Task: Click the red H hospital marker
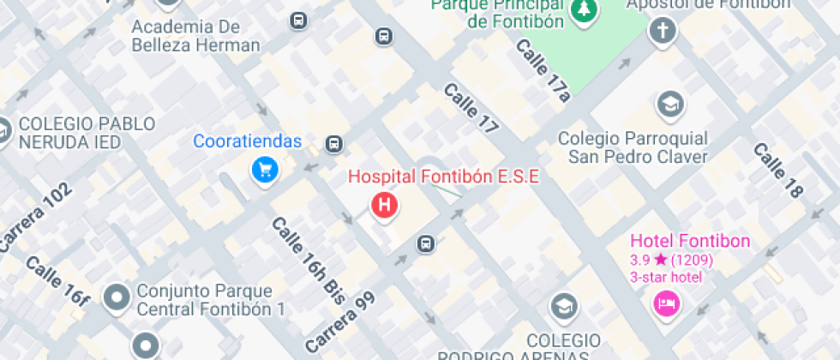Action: coord(385,206)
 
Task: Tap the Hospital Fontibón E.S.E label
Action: coord(443,177)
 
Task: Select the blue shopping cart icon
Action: coord(265,170)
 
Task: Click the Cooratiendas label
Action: coord(248,141)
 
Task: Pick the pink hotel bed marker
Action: coord(666,303)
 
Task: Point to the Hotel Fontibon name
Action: coord(690,241)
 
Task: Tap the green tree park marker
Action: coord(585,9)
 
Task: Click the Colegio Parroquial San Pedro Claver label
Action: coord(633,147)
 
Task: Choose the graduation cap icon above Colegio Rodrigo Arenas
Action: coord(563,306)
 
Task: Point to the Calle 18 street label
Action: coord(777,170)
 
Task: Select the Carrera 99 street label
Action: coord(340,321)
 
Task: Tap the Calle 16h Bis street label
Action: coord(308,261)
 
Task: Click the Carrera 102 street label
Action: coord(35,219)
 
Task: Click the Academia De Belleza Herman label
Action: coord(195,36)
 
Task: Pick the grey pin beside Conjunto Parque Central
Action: coord(117,298)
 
